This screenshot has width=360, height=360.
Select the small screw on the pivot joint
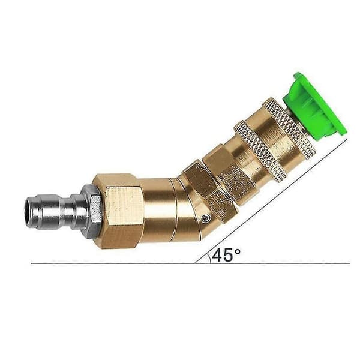click(x=205, y=218)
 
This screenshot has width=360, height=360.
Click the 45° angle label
click(x=226, y=255)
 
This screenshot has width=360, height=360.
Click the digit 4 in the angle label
click(x=217, y=255)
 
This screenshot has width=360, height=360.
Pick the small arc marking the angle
click(x=209, y=258)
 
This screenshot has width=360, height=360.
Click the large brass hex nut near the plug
click(x=118, y=211)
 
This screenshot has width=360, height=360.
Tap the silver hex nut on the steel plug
click(x=92, y=211)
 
